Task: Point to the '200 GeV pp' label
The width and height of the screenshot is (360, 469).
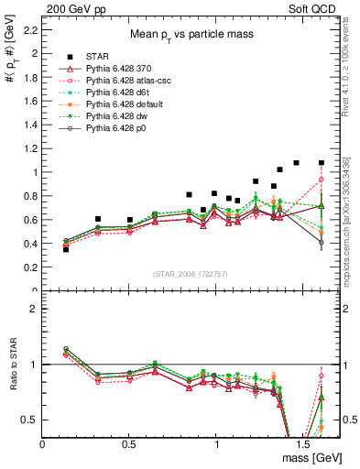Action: [x=70, y=7]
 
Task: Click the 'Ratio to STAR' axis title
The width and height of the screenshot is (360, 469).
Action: [x=13, y=381]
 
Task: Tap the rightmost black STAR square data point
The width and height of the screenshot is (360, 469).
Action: [x=322, y=163]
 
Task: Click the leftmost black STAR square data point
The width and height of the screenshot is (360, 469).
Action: [x=65, y=249]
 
